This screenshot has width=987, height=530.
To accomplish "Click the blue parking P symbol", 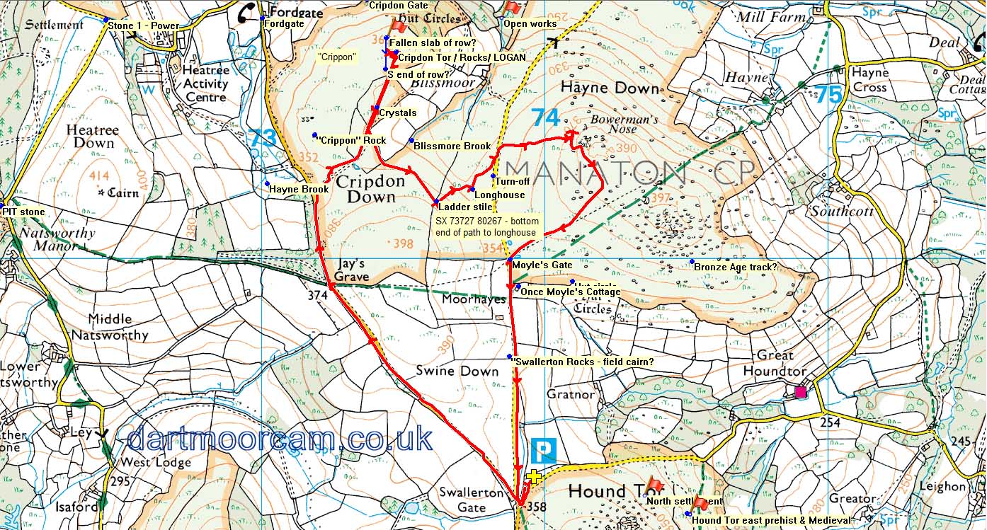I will tap(543, 450).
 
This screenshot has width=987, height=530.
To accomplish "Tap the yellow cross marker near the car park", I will tap(534, 478).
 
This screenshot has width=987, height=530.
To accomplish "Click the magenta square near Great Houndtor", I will tap(801, 392).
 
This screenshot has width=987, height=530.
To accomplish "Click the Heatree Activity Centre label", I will tap(205, 84).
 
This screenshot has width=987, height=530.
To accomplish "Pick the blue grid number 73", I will tap(262, 139).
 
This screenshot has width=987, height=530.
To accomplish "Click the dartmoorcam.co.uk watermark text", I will tap(280, 439).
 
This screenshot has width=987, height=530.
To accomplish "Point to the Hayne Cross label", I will tap(869, 80).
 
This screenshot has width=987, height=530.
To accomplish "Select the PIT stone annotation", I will tap(23, 212).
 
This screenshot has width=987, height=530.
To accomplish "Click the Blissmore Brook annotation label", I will tap(452, 146).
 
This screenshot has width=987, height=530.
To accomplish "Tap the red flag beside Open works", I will tap(512, 8).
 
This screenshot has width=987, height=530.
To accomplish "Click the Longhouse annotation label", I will tap(499, 195).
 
